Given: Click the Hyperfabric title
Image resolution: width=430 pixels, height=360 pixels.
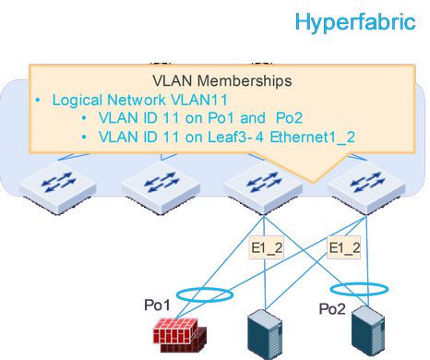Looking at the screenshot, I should coord(354,22).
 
